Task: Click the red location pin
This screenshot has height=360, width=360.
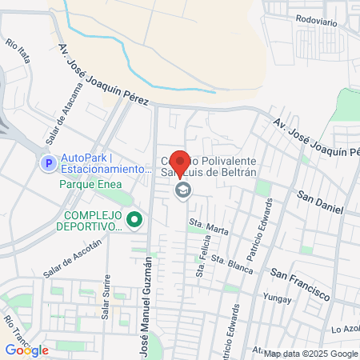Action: point(181,164)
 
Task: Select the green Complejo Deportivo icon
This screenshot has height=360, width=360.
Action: point(134,217)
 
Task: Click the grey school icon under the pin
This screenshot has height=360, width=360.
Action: point(183,190)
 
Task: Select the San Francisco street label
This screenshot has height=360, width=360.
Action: point(300,283)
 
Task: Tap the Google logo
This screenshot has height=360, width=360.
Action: point(26,350)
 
